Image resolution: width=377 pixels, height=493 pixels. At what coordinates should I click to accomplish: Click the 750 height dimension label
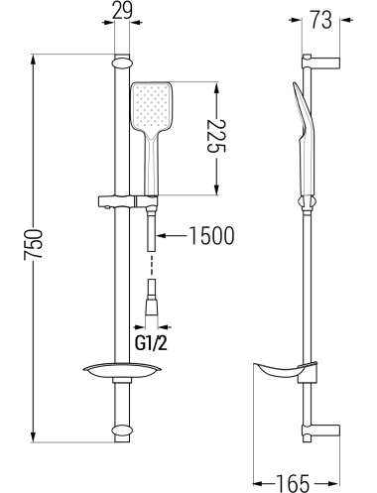pyautogui.click(x=33, y=244)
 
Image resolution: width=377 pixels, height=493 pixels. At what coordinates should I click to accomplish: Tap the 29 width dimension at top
pyautogui.click(x=122, y=11)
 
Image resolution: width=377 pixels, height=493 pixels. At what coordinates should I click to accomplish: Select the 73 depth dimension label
pyautogui.click(x=320, y=20)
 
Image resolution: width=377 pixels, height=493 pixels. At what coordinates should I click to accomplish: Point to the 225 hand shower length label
pyautogui.click(x=216, y=135)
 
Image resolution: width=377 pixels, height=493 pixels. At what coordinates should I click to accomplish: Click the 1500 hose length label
pyautogui.click(x=211, y=235)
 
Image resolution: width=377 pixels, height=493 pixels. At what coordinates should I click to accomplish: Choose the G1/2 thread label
pyautogui.click(x=151, y=344)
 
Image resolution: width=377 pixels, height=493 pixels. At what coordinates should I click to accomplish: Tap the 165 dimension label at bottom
pyautogui.click(x=293, y=483)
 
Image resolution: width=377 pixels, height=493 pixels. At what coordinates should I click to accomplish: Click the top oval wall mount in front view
pyautogui.click(x=122, y=63)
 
